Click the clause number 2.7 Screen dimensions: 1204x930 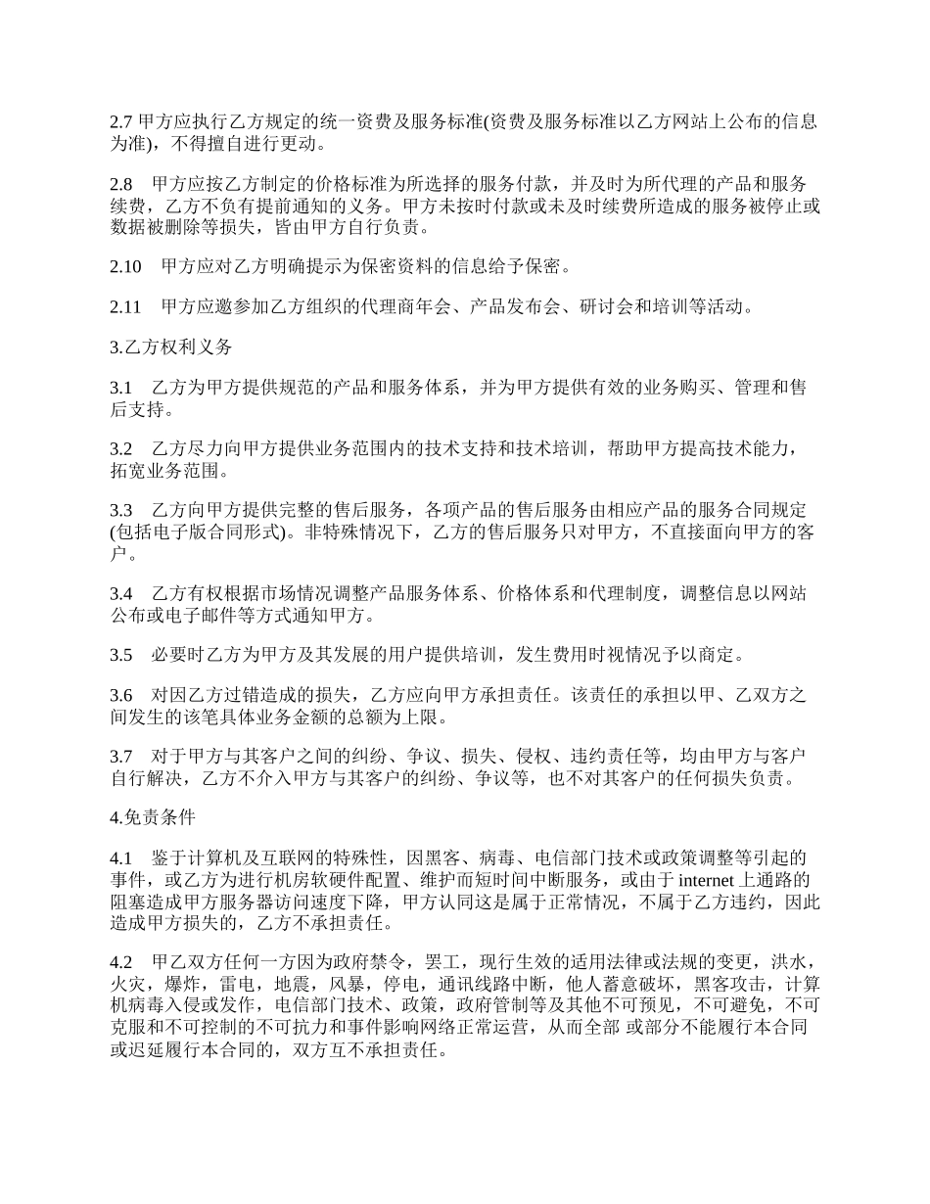pyautogui.click(x=121, y=122)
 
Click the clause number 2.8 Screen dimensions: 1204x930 pyautogui.click(x=121, y=184)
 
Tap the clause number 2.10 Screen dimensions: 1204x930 pyautogui.click(x=125, y=266)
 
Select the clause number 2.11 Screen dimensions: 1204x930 pyautogui.click(x=125, y=307)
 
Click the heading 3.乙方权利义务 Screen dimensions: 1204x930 pyautogui.click(x=171, y=347)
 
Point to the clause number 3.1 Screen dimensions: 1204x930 pyautogui.click(x=121, y=389)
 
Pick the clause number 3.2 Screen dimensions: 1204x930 pyautogui.click(x=121, y=449)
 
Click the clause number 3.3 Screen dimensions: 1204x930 pyautogui.click(x=121, y=511)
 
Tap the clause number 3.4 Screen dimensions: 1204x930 pyautogui.click(x=121, y=593)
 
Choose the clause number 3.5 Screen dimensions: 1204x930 pyautogui.click(x=121, y=654)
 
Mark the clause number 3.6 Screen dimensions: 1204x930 pyautogui.click(x=121, y=695)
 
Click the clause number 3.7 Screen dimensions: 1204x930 pyautogui.click(x=121, y=757)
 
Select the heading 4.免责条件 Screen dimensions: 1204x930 pyautogui.click(x=153, y=817)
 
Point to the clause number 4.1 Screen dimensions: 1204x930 pyautogui.click(x=121, y=858)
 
